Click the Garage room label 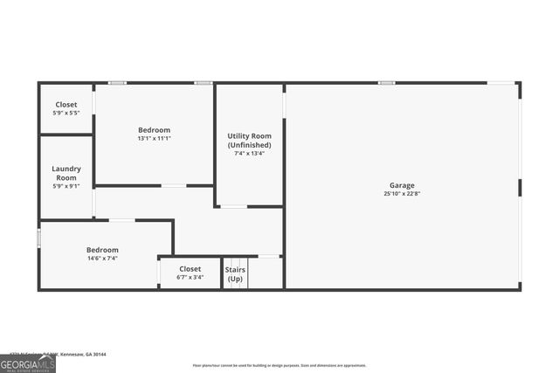click(402, 185)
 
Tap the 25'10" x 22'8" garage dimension click(402, 194)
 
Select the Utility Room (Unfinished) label click(250, 141)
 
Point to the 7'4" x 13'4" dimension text click(250, 155)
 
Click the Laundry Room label click(66, 173)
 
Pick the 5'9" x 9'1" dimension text click(66, 185)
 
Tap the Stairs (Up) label click(235, 274)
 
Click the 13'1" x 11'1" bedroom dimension click(154, 138)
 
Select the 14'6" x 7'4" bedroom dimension click(101, 259)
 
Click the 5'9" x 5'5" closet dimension click(66, 114)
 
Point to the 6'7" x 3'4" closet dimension click(190, 278)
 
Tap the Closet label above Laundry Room click(66, 105)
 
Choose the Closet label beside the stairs click(190, 269)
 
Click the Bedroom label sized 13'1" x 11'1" click(154, 129)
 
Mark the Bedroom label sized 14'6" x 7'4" click(101, 250)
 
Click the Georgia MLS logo click(28, 363)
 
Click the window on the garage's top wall click(386, 83)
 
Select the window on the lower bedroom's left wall click(38, 238)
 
